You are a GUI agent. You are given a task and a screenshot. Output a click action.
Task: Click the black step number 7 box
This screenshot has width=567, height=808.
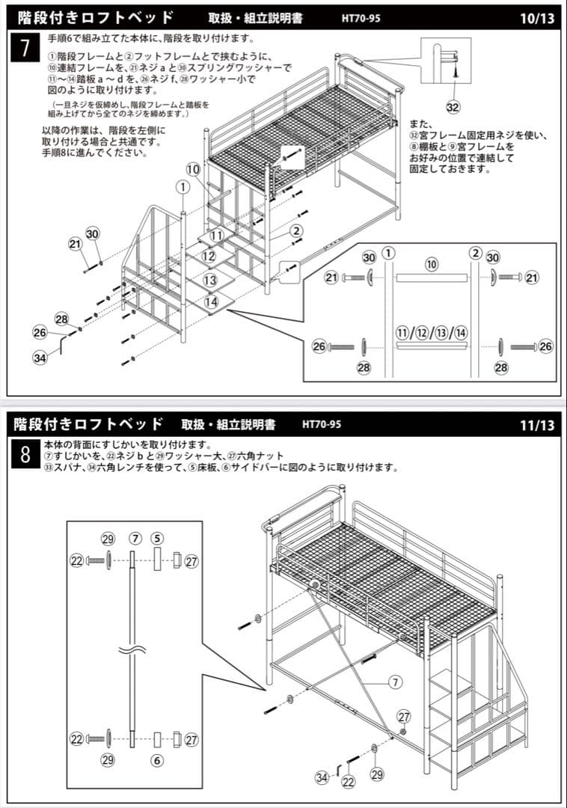(25, 48)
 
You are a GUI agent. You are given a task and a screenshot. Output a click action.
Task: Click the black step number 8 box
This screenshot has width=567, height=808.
(25, 453)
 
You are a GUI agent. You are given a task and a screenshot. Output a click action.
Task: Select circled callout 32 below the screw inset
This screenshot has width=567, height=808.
(453, 107)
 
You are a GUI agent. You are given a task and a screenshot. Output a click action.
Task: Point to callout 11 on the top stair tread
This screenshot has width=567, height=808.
(216, 235)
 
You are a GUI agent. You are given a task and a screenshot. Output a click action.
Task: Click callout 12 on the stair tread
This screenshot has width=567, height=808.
(209, 257)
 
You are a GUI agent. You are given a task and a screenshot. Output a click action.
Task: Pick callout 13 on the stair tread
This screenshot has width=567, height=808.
(210, 280)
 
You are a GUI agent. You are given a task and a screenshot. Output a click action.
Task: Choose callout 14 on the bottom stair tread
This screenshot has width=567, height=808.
(211, 302)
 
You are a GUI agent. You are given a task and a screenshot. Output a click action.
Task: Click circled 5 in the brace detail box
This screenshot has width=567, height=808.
(157, 538)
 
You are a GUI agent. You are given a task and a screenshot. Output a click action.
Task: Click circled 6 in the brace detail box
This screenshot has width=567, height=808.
(157, 760)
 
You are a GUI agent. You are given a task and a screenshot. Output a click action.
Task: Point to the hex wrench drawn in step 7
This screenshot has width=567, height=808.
(66, 346)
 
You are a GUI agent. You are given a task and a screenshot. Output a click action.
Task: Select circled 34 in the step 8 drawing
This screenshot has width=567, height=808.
(322, 778)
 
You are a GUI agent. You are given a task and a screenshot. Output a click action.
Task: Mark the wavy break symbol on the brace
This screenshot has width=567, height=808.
(132, 650)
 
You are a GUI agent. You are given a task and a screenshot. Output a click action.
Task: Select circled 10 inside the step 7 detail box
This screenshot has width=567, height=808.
(432, 264)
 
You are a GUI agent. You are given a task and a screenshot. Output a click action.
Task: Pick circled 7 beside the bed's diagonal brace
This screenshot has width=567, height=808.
(396, 682)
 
